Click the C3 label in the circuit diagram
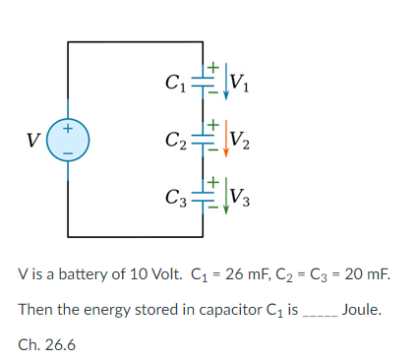[177, 195]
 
